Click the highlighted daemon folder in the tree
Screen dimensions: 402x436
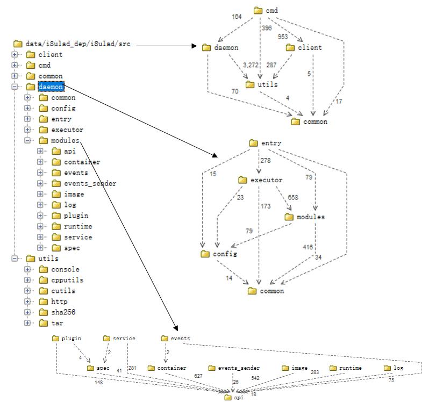(51, 87)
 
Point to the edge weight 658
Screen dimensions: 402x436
(292, 198)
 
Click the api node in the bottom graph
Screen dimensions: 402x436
(235, 398)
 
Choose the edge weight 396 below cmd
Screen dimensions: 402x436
(266, 28)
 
